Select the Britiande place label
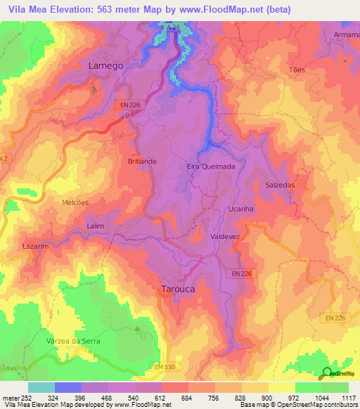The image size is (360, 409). point(142,161)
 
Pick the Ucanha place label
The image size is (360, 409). point(241,209)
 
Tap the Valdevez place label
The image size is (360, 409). point(226,238)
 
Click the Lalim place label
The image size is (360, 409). point(95,226)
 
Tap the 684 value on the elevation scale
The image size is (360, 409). point(188,397)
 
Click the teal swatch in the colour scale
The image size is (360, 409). point(41,387)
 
